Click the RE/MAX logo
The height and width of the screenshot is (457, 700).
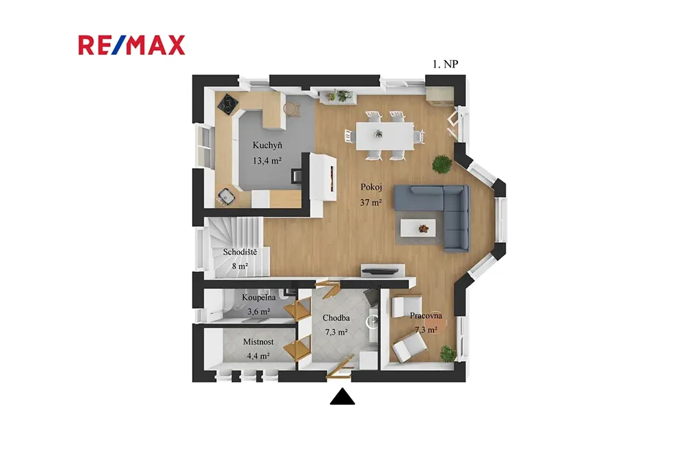click(132, 45)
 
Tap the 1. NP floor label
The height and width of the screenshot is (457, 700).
click(445, 64)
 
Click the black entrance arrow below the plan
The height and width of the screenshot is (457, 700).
click(342, 397)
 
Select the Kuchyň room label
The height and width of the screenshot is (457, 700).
click(267, 145)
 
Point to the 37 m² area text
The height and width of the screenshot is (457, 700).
click(371, 203)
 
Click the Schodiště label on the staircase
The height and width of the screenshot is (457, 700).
click(240, 252)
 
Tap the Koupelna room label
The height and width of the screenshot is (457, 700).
click(259, 298)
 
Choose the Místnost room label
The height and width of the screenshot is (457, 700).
click(258, 342)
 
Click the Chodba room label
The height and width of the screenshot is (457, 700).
click(336, 318)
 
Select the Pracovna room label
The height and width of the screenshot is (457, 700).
click(426, 315)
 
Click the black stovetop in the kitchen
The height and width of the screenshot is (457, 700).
click(228, 105)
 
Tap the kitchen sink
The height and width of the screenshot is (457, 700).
click(226, 196)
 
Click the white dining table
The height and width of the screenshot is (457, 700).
click(385, 135)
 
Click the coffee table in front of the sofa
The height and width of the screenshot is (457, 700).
click(418, 228)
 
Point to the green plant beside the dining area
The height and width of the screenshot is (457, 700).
click(442, 164)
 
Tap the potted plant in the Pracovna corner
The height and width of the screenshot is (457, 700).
click(448, 354)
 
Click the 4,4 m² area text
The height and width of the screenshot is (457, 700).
click(258, 356)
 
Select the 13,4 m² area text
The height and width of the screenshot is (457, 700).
click(267, 160)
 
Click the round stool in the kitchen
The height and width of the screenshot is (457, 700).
click(291, 109)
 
